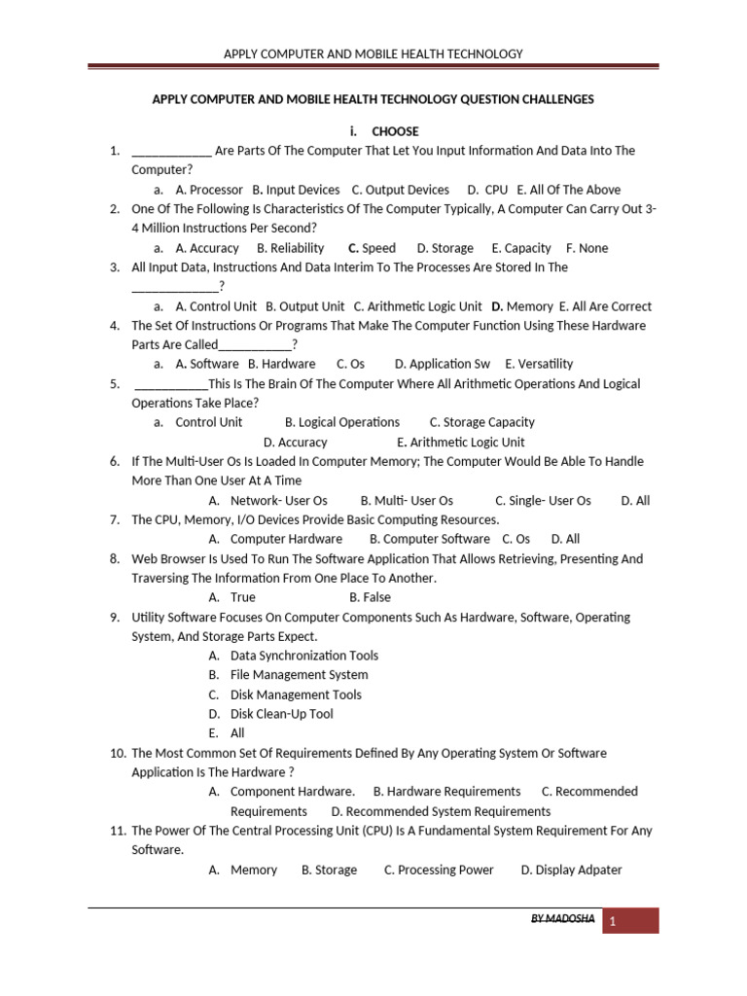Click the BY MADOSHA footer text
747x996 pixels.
tap(562, 919)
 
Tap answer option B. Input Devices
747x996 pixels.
tap(296, 190)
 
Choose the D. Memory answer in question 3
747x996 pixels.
tap(522, 306)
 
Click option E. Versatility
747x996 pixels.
tap(540, 364)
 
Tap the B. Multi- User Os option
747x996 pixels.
tap(407, 500)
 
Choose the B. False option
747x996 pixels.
tap(370, 597)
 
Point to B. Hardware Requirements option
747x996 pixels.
tap(446, 792)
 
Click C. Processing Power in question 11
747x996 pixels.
tap(439, 870)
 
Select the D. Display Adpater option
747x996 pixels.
tap(571, 870)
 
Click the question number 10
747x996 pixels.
tap(118, 753)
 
